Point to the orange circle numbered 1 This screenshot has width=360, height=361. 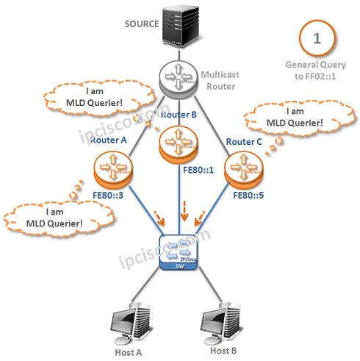(317, 37)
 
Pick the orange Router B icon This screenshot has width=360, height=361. (178, 143)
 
